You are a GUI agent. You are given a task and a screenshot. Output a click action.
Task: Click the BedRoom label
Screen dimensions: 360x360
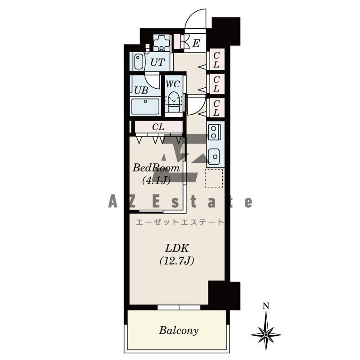pos(156,168)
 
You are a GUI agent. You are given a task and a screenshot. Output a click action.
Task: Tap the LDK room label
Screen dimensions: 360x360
pos(177,248)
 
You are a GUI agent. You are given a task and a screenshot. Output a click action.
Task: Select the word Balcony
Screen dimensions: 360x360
pos(179,330)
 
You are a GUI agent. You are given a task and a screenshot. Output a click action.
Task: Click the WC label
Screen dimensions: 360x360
pos(173,84)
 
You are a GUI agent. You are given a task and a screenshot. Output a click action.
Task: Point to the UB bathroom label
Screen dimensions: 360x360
pos(141,90)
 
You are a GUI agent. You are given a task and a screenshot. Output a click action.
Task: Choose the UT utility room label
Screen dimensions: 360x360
pos(157,62)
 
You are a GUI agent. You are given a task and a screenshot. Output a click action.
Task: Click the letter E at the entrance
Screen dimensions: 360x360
pos(196,43)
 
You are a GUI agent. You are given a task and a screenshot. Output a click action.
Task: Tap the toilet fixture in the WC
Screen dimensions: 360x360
pos(174,102)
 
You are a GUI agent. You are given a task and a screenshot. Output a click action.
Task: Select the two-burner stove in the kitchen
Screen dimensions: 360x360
pos(214,132)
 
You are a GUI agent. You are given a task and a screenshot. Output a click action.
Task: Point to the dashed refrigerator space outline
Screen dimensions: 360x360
pos(214,178)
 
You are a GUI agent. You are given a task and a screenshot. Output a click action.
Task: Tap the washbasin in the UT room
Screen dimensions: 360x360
pos(139,61)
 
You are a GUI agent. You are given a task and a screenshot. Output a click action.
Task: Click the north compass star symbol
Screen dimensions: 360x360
pos(266,334)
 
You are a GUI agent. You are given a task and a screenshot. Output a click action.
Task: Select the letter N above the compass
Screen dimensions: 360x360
pos(266,306)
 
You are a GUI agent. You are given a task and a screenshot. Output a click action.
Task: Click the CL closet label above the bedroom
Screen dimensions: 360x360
pos(158,127)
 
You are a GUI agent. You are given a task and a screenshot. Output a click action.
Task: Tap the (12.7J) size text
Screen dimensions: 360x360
pos(177,261)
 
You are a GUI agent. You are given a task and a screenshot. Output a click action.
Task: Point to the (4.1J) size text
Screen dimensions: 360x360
pos(156,180)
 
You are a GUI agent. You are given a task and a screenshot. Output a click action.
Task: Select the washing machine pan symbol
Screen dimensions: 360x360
pos(162,43)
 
